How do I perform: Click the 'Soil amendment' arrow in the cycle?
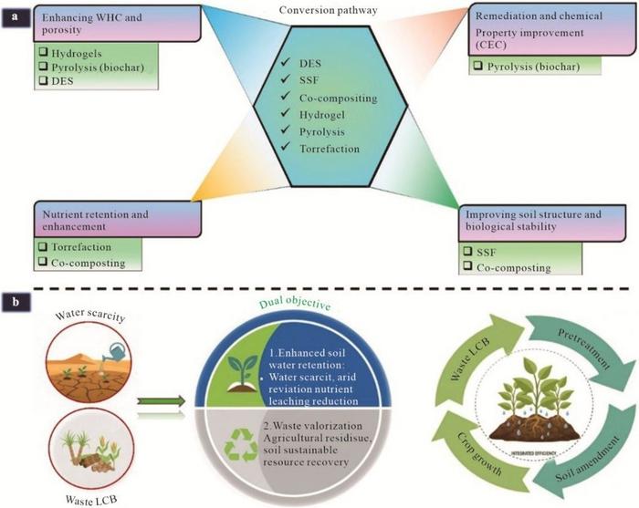point(573,447)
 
